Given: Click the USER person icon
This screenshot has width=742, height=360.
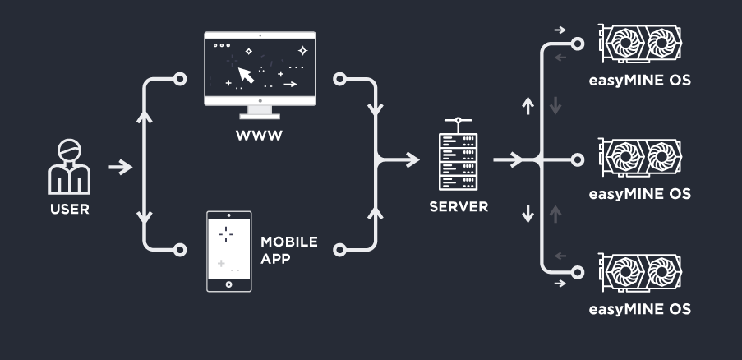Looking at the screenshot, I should coord(69,166).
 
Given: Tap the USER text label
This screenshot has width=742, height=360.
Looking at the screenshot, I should coord(69,209).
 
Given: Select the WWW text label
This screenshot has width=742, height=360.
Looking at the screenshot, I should coord(259,136).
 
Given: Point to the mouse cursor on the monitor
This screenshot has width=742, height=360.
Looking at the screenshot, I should coord(246,76).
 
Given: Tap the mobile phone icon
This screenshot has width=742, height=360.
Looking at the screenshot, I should coord(228,251).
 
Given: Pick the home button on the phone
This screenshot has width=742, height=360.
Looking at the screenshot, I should coord(228,284).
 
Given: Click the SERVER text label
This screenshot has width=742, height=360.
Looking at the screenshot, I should coord(459,206).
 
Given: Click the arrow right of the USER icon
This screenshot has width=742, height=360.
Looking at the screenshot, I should coord(121,168).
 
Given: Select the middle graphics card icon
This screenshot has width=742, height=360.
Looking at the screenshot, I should coord(640,159).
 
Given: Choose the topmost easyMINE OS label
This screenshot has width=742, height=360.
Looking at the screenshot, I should coord(639,81).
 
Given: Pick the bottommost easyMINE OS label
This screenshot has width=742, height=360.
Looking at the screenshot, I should coord(639,310).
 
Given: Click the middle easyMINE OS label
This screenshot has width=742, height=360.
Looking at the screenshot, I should coord(639,195).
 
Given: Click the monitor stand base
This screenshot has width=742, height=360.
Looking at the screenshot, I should coord(259,117).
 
